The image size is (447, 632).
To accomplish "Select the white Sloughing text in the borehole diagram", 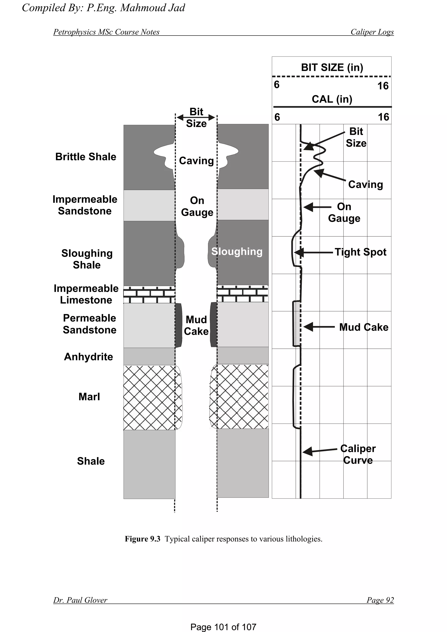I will coord(237,251).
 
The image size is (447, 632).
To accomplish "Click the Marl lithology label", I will coord(89,397).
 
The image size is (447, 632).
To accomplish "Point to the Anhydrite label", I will coord(88,357).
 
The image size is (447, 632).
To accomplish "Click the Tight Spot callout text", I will coord(360,252).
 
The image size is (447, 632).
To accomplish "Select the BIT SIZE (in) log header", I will coord(332,67).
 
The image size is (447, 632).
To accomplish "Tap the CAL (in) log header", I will coord(332,99).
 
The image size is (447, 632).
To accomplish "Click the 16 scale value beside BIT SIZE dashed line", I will coord(383,86).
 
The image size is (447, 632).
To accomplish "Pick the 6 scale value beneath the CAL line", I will coord(277,117).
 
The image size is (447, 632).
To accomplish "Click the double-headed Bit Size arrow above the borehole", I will coord(196,118).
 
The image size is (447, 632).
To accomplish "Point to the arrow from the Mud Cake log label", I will coord(319,327).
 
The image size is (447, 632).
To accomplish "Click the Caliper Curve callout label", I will coord(358,454).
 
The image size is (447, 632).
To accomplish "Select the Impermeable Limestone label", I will coord(86,294).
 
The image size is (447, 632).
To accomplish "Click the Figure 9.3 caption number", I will coord(142,539).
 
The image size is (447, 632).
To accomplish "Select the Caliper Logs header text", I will coord(372,32).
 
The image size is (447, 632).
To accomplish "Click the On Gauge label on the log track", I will coord(344,212).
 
